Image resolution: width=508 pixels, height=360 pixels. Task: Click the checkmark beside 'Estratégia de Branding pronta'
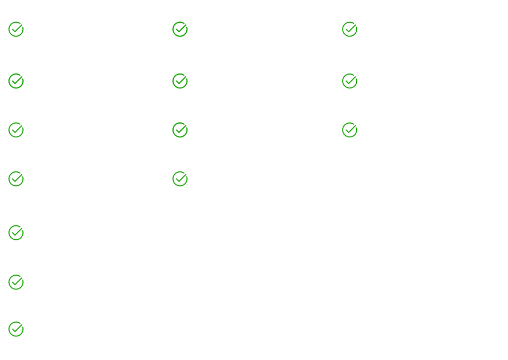(x=16, y=29)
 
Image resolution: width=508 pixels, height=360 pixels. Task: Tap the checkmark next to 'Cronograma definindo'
(x=16, y=80)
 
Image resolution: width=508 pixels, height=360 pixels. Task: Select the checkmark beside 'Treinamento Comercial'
(x=180, y=29)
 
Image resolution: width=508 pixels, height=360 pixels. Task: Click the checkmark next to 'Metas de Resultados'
(x=349, y=29)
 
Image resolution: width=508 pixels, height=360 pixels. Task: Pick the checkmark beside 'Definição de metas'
(x=16, y=329)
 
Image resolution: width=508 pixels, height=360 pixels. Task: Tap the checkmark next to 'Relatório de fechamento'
(x=349, y=130)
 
